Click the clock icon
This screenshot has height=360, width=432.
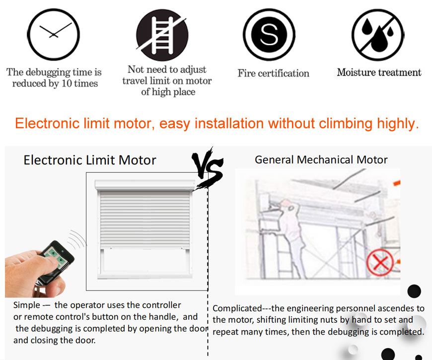[54, 34]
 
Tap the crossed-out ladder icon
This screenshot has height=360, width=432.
[162, 35]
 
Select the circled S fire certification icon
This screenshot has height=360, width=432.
[269, 34]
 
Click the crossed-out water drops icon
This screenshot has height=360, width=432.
[378, 35]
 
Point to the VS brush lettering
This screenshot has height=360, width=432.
[208, 167]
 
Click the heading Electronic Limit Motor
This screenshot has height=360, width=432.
[90, 160]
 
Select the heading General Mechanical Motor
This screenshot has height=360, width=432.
[321, 160]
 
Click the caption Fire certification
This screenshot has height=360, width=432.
[273, 73]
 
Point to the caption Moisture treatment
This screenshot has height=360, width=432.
[379, 72]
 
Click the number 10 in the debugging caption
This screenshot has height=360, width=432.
[67, 83]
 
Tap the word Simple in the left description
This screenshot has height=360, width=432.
[27, 305]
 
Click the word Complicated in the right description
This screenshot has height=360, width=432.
[237, 308]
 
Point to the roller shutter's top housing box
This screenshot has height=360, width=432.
[145, 185]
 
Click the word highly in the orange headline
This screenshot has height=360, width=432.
[398, 124]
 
